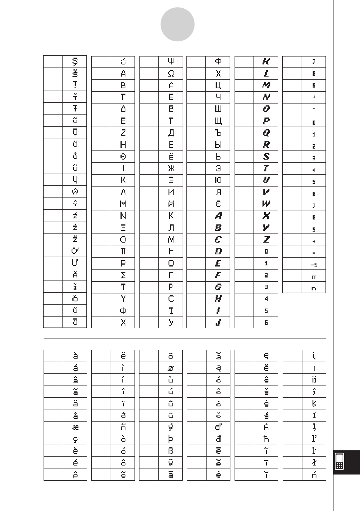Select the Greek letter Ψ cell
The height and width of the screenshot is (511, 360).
click(x=171, y=61)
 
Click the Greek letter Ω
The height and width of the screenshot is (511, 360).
click(x=171, y=74)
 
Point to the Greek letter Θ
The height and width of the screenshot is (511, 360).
click(x=123, y=156)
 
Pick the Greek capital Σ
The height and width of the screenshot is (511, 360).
click(x=123, y=275)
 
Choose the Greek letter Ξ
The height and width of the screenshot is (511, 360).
click(x=123, y=227)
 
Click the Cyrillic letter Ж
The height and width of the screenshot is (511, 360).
click(x=171, y=168)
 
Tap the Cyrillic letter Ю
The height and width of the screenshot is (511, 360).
click(x=218, y=180)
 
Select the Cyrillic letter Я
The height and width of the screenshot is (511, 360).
click(x=218, y=192)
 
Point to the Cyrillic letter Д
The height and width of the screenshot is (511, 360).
click(x=171, y=133)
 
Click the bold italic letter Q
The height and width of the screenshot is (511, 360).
click(x=266, y=133)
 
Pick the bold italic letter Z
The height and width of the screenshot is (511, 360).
click(x=266, y=240)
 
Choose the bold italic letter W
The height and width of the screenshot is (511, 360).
click(x=266, y=204)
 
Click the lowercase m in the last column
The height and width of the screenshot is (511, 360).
click(x=314, y=277)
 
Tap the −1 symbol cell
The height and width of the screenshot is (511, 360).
click(x=314, y=265)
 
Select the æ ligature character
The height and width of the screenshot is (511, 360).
click(x=75, y=427)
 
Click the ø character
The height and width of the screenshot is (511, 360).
click(x=171, y=368)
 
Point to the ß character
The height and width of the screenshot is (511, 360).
click(x=171, y=451)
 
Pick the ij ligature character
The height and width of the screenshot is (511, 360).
click(x=314, y=380)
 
